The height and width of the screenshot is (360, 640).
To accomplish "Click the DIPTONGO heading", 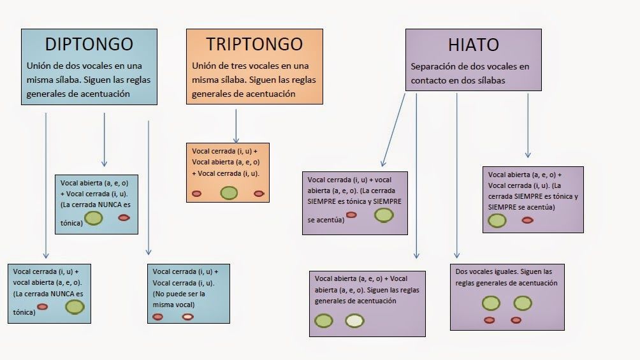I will tap(89, 44).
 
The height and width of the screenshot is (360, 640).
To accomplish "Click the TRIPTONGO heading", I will tap(254, 44).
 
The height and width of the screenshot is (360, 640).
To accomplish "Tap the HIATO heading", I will tap(474, 45).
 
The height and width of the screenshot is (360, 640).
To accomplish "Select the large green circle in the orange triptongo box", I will tap(229, 192).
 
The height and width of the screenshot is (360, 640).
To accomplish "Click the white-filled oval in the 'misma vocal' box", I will tap(187, 317).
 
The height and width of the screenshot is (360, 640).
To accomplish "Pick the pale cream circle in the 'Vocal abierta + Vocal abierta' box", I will tap(354, 321).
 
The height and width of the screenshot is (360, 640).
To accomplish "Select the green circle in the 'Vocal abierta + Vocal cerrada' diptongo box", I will tap(94, 218).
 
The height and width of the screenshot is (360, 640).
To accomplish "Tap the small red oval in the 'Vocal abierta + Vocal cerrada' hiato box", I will tap(527, 220).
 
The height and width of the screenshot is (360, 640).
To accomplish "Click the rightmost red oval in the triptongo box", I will tap(259, 193).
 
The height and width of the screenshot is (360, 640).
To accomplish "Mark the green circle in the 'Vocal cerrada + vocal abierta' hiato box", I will tap(384, 215).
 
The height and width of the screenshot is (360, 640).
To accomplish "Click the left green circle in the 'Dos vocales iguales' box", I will tap(490, 303).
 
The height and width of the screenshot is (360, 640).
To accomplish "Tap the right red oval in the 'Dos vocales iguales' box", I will tap(522, 320).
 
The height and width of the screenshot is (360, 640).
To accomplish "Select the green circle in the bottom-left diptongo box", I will tap(75, 306).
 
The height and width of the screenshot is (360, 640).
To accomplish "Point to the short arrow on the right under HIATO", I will tap(527, 128).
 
